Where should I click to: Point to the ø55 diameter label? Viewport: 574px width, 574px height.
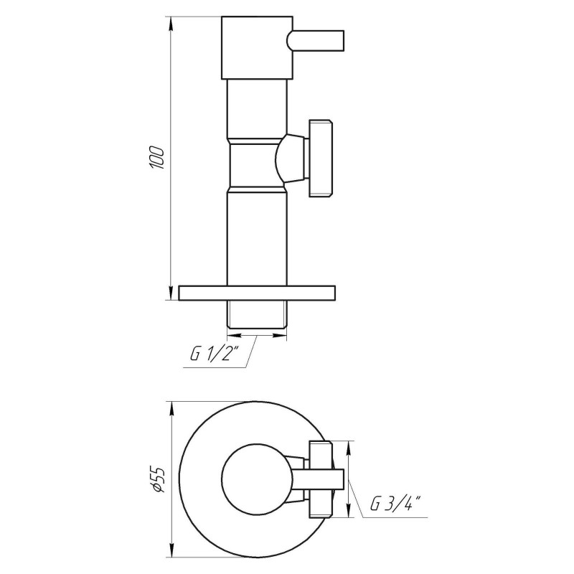click(159, 479)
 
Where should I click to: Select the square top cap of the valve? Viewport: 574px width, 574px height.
click(257, 47)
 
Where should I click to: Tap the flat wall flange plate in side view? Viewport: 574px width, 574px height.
click(257, 293)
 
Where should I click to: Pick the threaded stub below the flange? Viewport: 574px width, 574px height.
click(257, 314)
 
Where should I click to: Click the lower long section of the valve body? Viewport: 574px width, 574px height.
click(257, 237)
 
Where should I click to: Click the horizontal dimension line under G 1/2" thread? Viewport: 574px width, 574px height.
click(257, 334)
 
